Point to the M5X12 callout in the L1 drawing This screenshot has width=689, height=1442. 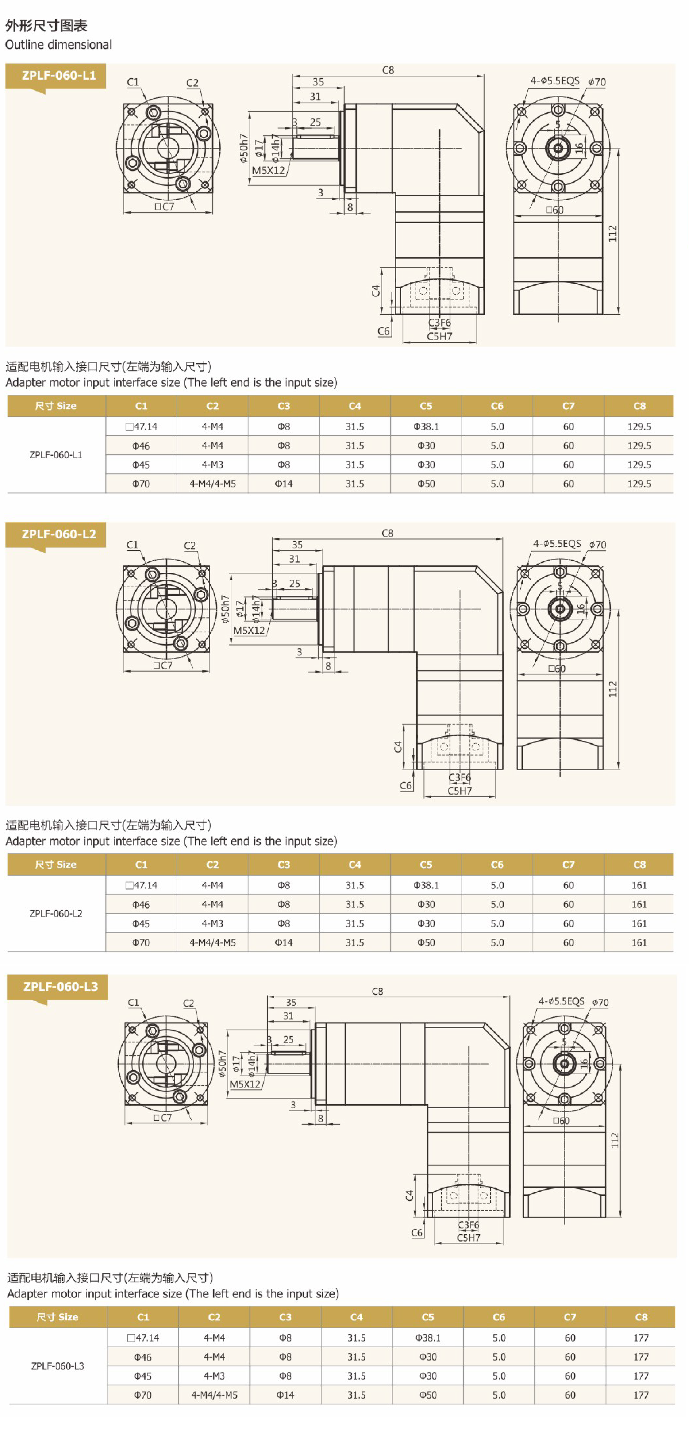268,170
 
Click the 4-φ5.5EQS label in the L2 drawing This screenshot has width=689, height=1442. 557,544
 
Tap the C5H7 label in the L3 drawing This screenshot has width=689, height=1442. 468,1238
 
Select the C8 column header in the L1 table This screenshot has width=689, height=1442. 639,406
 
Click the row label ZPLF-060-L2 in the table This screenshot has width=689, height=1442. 56,914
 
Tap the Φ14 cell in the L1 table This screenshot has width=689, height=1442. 284,484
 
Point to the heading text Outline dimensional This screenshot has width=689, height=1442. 58,45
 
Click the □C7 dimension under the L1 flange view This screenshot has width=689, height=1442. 165,207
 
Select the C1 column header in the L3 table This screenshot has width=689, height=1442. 143,1317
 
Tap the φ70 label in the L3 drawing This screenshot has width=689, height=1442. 600,1003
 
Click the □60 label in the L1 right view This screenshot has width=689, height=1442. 555,210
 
